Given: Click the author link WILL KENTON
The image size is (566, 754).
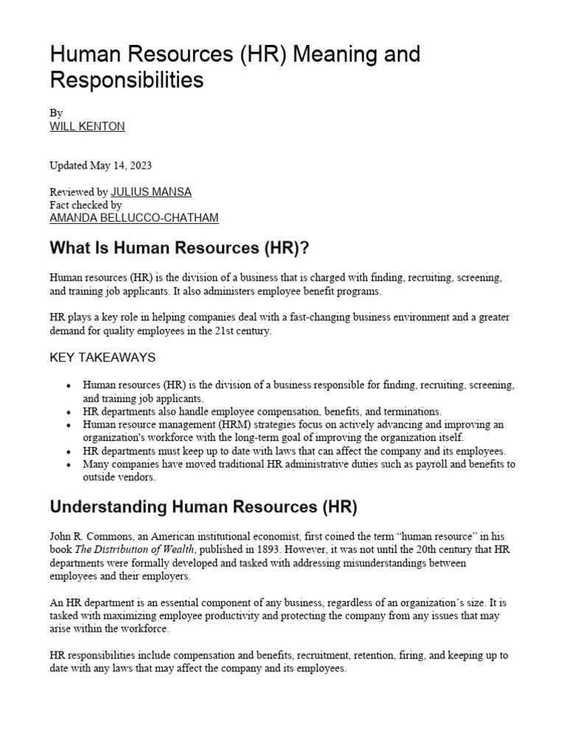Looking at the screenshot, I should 87,126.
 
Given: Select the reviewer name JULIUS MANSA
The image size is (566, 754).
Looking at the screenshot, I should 151,192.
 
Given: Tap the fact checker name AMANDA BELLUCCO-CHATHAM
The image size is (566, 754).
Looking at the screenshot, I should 133,218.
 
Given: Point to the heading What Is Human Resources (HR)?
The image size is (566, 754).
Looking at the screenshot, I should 178,248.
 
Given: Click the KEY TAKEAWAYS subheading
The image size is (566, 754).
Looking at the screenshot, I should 102,357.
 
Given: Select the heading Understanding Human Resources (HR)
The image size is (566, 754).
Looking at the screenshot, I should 203,507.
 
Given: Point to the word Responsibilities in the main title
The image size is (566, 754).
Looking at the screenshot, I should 126,80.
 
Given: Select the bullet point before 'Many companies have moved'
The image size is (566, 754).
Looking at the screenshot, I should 69,465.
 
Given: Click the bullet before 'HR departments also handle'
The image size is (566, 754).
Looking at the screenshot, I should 69,412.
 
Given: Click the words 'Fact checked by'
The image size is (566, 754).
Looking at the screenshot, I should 85,205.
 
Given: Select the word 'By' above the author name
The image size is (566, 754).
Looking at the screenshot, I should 56,113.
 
